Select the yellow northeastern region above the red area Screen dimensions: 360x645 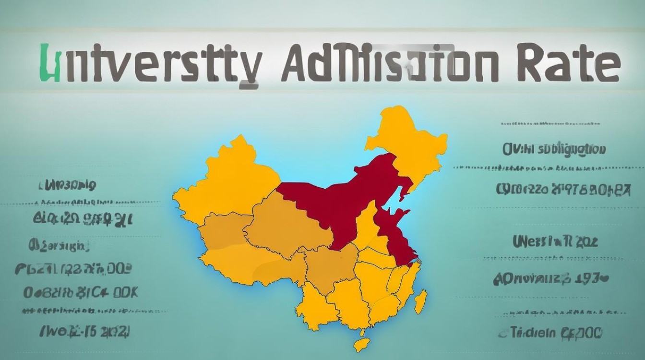(408, 139)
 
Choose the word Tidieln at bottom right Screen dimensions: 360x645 (533, 332)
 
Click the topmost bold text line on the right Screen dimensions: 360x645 (554, 150)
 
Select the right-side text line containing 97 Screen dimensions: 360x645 (562, 190)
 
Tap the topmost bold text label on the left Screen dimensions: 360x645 (67, 185)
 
